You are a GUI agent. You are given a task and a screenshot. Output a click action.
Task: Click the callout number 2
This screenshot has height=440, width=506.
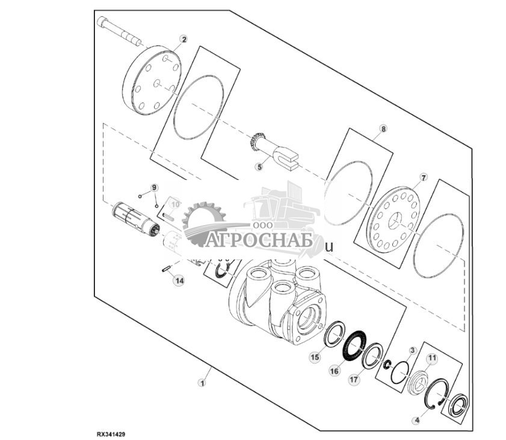tap(184, 39)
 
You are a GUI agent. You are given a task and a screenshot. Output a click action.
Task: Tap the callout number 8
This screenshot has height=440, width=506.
tap(383, 129)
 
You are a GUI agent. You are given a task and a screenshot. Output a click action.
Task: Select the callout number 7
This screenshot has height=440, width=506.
tap(423, 178)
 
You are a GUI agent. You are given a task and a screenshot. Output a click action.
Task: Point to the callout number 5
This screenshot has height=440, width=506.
tap(259, 167)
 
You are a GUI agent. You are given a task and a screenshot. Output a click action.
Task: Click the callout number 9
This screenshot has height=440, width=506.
tap(153, 187)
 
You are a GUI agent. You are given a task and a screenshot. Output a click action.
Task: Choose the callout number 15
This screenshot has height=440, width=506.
tap(314, 357)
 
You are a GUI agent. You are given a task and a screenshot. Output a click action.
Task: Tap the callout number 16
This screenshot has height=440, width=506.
tap(335, 371)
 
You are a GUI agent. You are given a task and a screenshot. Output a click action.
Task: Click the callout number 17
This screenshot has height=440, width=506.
tap(353, 380)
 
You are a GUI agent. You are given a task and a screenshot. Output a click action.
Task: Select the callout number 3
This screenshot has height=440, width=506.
tap(412, 350)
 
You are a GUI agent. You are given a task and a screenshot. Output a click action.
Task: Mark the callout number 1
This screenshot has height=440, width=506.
tap(203, 382)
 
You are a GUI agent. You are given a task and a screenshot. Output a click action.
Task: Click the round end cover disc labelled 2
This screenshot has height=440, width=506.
tap(152, 82)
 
